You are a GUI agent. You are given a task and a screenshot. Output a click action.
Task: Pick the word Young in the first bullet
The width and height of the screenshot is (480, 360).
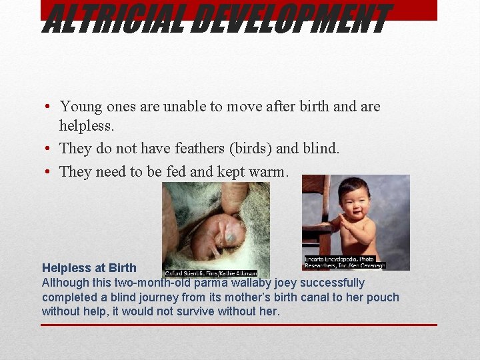click(x=80, y=106)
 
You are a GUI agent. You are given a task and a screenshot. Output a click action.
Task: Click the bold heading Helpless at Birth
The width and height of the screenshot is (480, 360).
click(x=89, y=268)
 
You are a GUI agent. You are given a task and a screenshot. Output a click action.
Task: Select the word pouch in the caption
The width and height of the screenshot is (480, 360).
click(x=384, y=297)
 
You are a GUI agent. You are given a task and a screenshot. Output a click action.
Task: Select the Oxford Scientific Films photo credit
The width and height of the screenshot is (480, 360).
click(x=211, y=273)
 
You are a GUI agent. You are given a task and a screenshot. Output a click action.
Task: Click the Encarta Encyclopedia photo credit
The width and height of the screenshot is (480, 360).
click(x=340, y=262)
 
